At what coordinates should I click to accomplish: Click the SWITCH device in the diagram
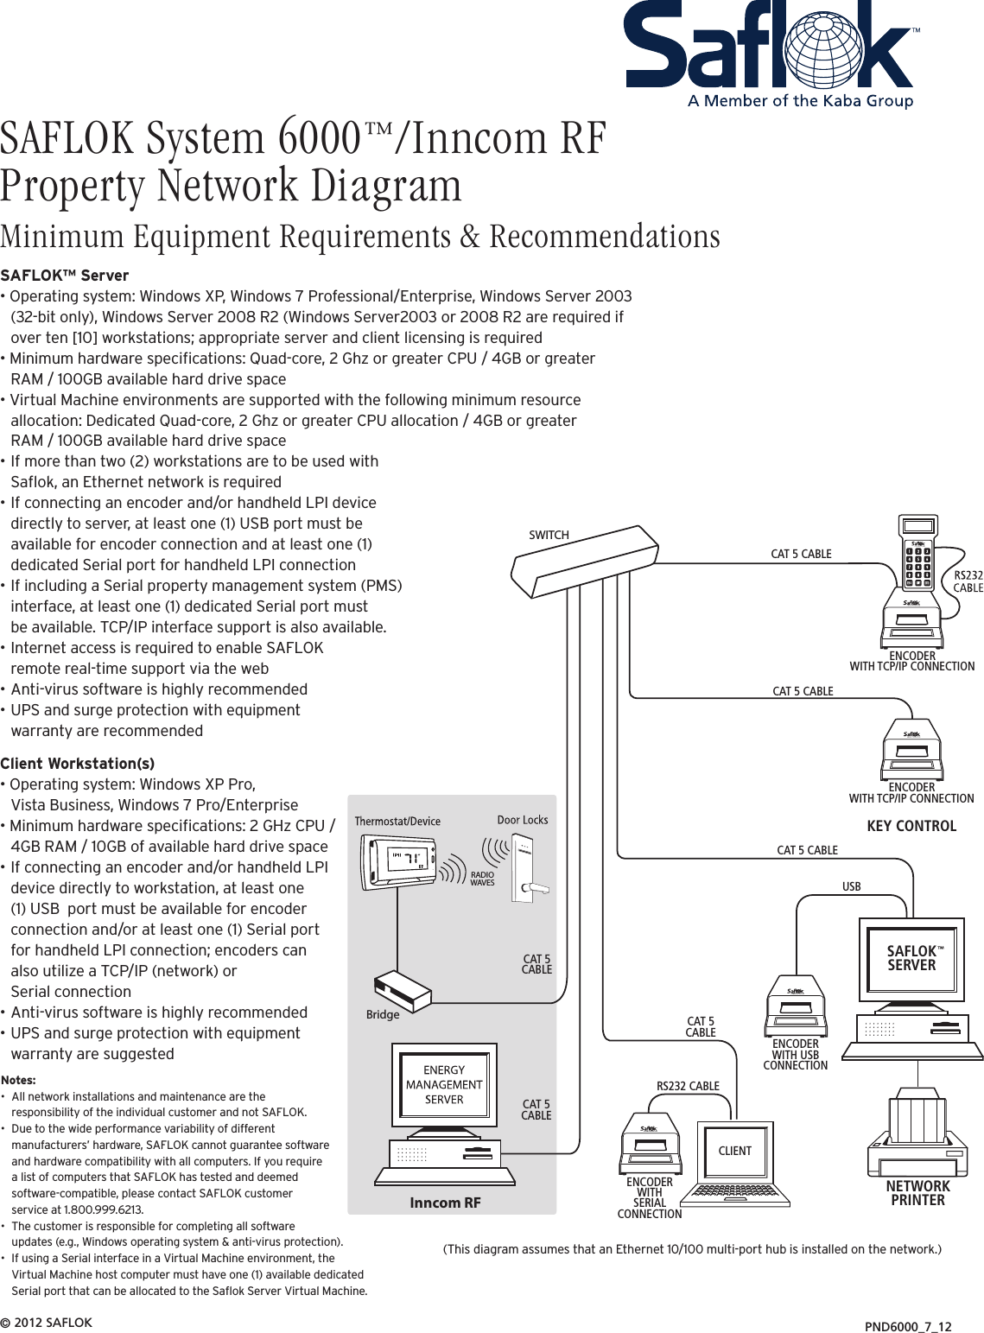pos(585,562)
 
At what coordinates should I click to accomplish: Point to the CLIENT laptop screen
pos(735,1151)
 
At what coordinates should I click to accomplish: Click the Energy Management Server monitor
pos(444,1085)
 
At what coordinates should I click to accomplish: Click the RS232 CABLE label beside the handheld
pos(968,581)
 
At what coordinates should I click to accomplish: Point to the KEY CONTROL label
pos(911,826)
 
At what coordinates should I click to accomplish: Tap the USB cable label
pos(851,886)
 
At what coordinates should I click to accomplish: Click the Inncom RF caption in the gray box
pos(445,1203)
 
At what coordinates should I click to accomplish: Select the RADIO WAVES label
pos(482,879)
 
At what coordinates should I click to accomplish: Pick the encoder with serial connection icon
pos(650,1145)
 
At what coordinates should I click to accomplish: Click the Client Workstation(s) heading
pos(78,764)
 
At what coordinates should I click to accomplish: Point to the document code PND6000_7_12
pos(908,1326)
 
